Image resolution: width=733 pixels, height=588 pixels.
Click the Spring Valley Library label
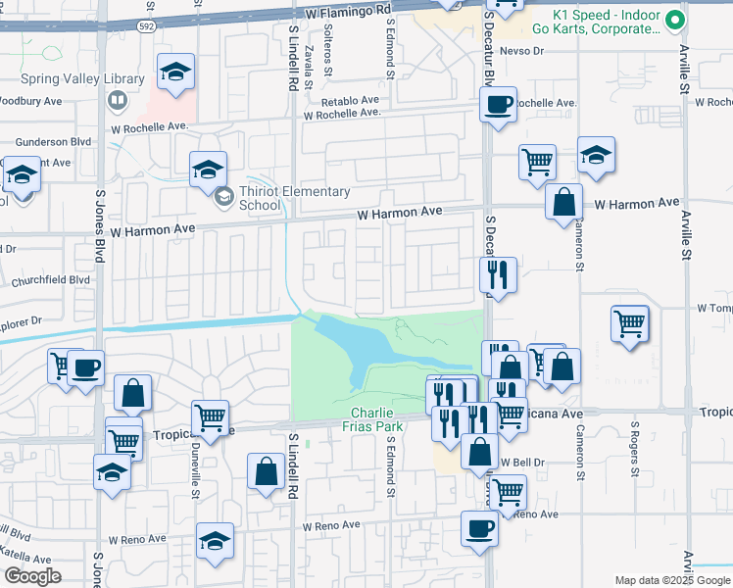click(83, 78)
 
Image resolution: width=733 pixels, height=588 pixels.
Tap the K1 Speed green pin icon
click(674, 20)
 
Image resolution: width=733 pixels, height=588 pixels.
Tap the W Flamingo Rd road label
click(348, 12)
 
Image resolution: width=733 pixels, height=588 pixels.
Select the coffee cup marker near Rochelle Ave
click(498, 103)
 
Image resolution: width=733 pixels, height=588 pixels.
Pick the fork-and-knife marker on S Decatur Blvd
click(498, 274)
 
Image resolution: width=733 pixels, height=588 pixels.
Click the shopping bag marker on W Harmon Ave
click(563, 203)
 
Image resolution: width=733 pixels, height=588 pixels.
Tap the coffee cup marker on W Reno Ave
click(480, 527)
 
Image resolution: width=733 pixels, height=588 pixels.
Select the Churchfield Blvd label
click(51, 279)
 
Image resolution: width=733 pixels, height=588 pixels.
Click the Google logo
click(32, 575)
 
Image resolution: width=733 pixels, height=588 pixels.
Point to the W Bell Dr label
click(523, 462)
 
